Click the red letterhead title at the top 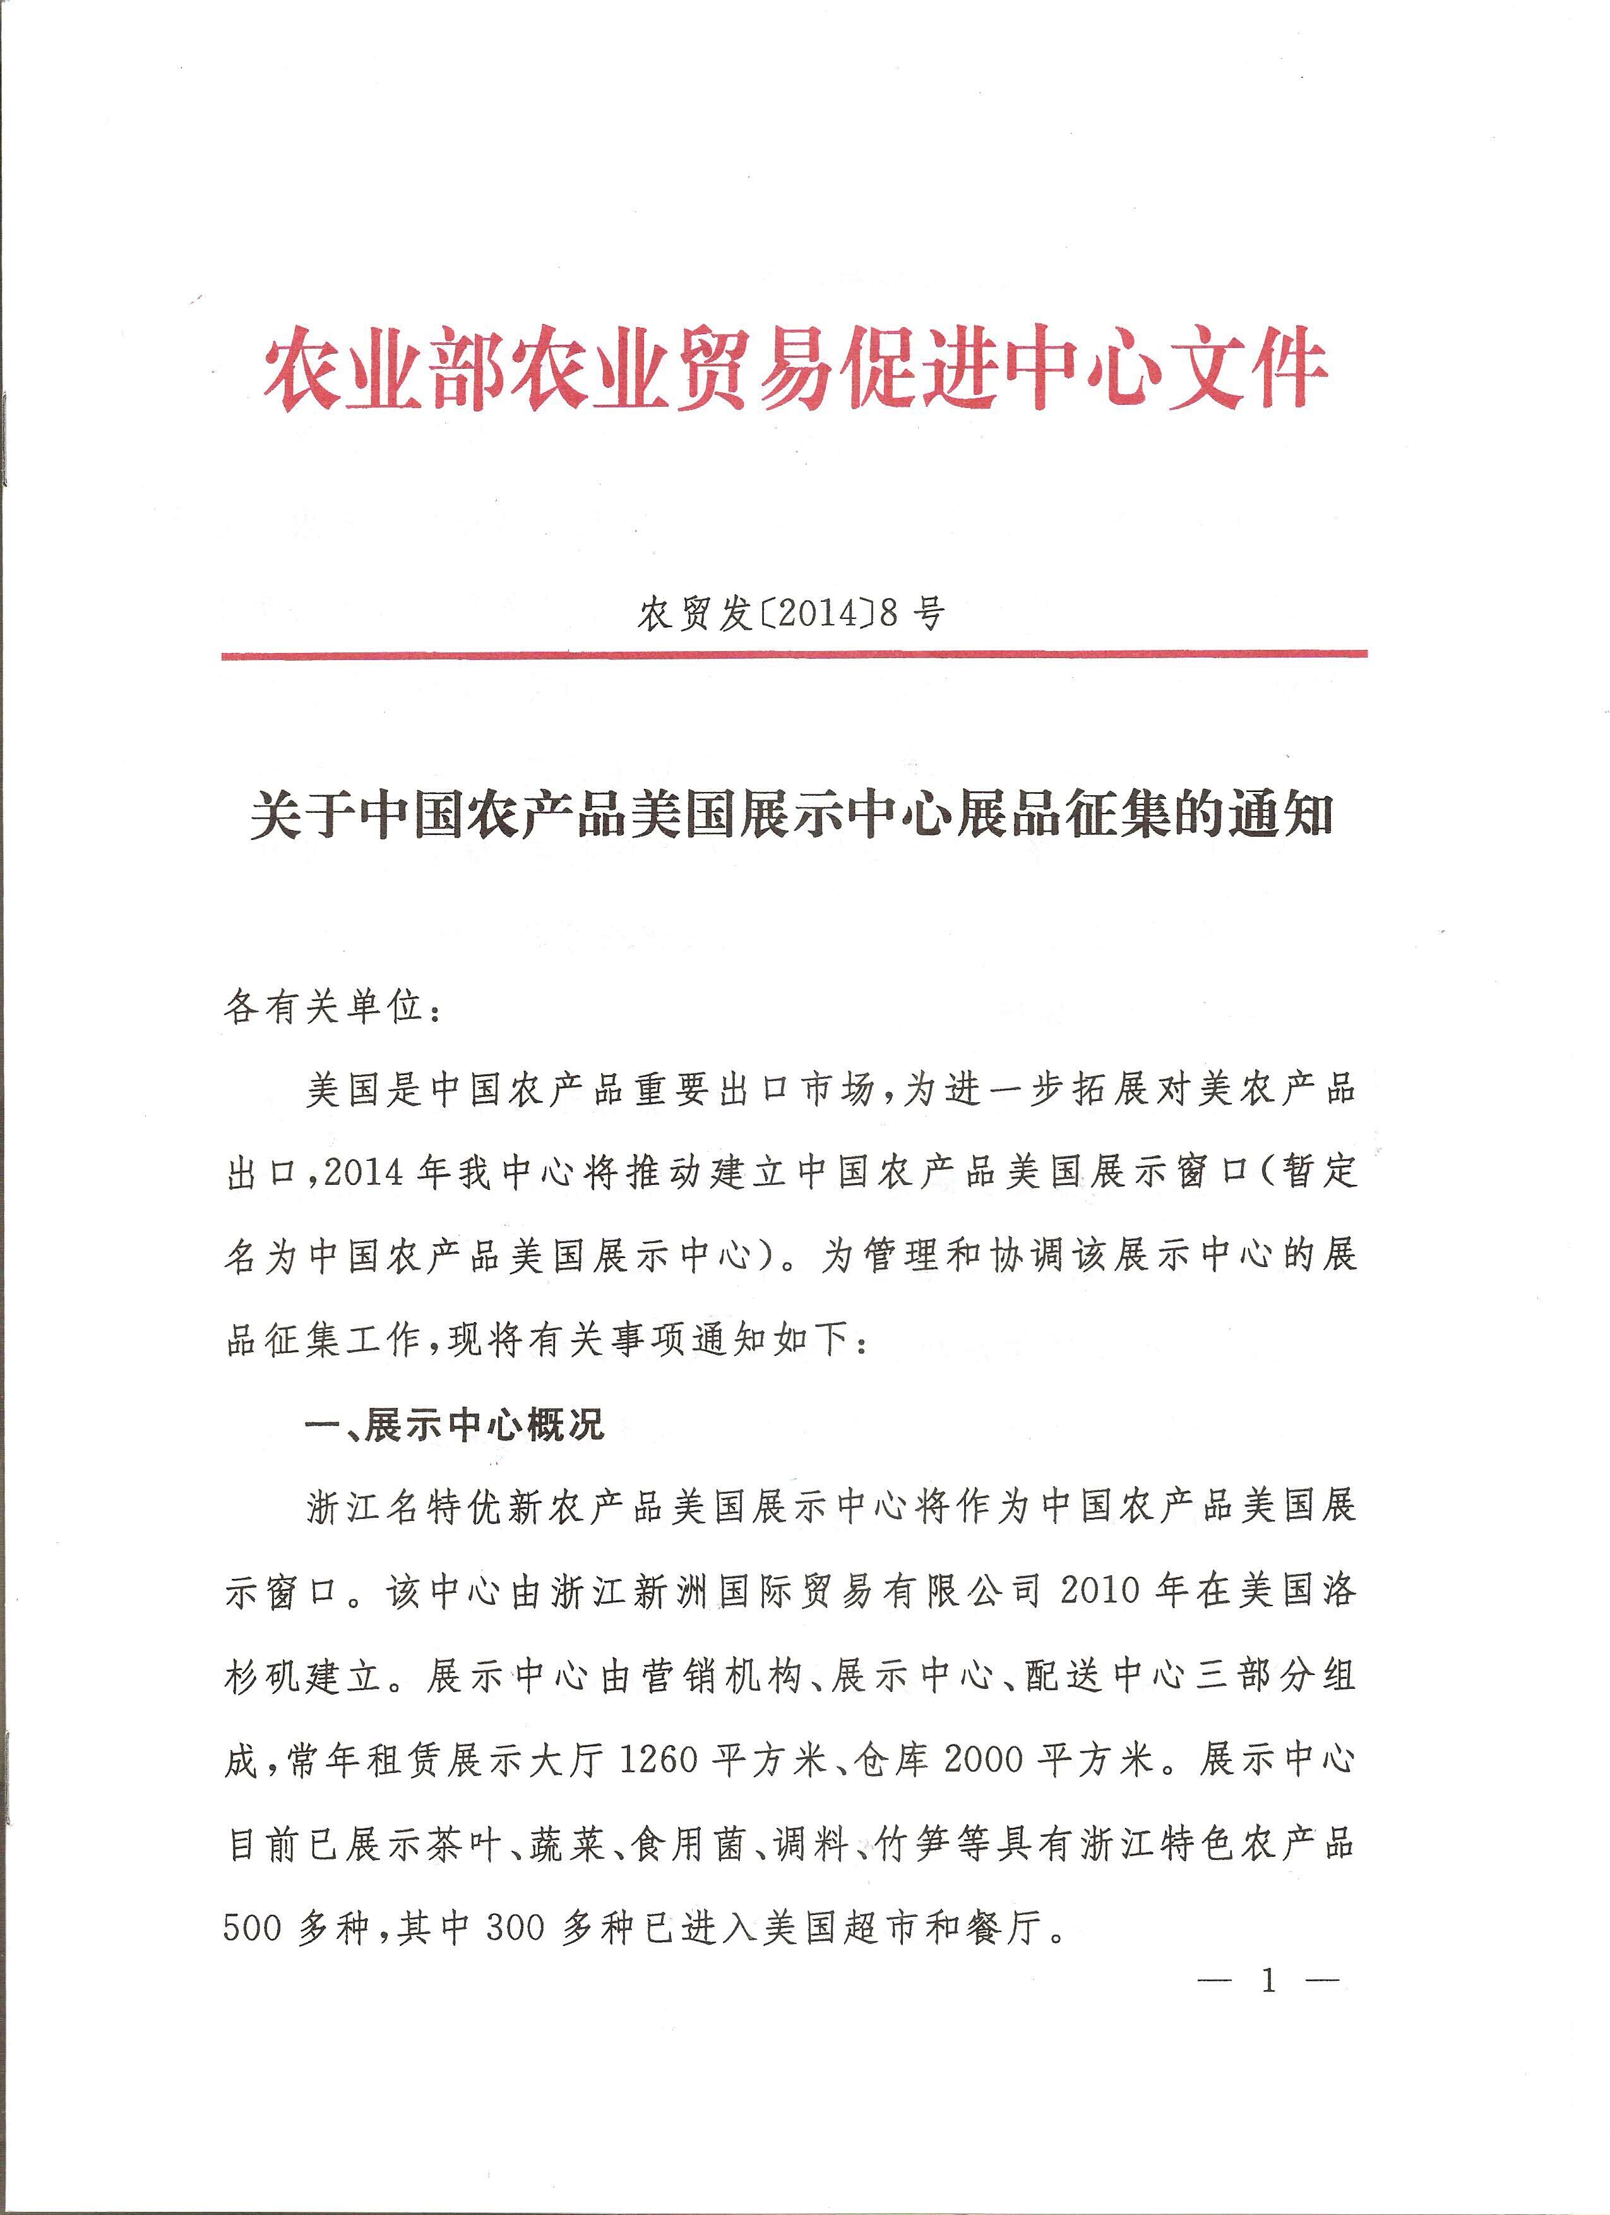[795, 368]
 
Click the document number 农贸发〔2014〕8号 [791, 615]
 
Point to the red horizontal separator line [793, 654]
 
